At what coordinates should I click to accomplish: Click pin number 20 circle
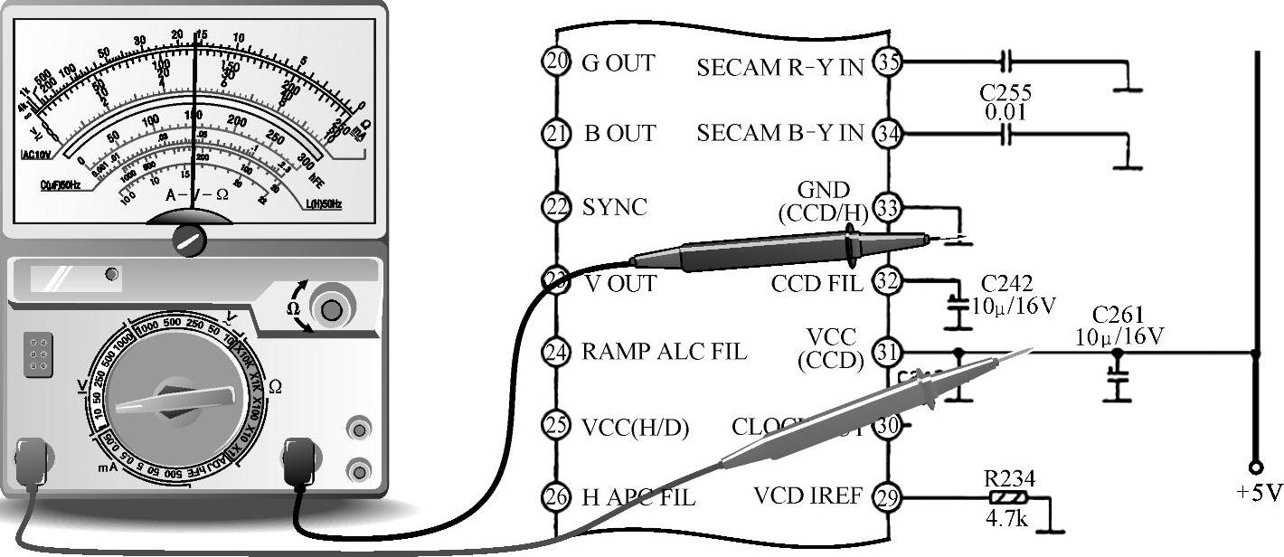[x=555, y=61]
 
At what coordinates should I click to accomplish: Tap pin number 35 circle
[x=890, y=61]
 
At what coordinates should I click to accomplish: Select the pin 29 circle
[x=890, y=496]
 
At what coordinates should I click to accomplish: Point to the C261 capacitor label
[x=1118, y=316]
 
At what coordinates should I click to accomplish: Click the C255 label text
[x=1005, y=93]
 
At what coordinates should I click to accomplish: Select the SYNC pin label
[x=615, y=208]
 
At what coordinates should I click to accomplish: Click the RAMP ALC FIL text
[x=664, y=351]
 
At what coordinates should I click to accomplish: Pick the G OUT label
[x=619, y=63]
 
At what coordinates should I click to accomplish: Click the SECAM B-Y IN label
[x=780, y=134]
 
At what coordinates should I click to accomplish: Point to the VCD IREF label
[x=807, y=496]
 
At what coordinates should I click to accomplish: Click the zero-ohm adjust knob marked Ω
[x=332, y=311]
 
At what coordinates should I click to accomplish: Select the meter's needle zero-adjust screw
[x=190, y=240]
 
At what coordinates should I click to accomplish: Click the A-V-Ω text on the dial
[x=197, y=194]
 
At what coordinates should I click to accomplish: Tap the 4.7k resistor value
[x=1008, y=521]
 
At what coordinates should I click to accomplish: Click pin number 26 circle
[x=555, y=496]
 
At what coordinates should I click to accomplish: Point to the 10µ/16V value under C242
[x=1013, y=305]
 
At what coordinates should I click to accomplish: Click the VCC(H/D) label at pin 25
[x=636, y=427]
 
